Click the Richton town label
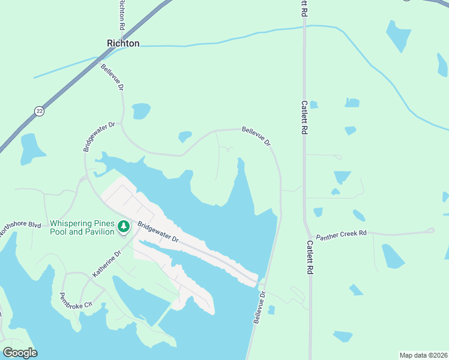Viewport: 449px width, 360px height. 123,43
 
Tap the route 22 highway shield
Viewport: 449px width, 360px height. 40,111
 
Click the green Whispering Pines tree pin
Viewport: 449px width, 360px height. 123,226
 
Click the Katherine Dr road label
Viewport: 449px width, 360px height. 107,263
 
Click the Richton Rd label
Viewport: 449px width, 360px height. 122,15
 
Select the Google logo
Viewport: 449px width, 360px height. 20,353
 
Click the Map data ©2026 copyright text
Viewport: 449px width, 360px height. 424,355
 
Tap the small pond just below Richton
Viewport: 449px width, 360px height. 141,110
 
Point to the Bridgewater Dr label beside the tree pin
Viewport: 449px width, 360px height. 158,232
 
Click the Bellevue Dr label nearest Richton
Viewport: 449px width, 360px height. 112,77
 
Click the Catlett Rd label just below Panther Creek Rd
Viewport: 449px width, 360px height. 310,257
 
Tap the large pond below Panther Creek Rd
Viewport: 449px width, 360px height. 393,256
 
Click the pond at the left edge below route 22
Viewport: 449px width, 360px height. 29,148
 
